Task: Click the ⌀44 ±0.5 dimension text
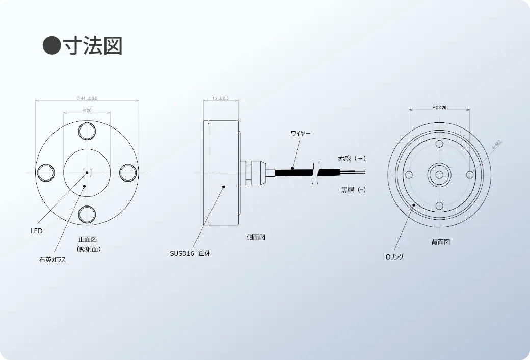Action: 87,98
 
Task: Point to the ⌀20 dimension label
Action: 87,111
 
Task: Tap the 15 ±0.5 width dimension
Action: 220,98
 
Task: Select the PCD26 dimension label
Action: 439,108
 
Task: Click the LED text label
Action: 36,230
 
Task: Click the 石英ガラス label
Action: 53,259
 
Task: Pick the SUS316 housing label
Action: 190,253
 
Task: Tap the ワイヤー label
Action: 300,134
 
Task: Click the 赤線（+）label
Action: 352,159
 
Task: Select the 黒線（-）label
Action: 353,190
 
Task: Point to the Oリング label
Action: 394,256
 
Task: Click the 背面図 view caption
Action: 440,242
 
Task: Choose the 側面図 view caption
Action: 255,237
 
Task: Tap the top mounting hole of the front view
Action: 87,132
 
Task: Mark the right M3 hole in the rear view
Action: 469,175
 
